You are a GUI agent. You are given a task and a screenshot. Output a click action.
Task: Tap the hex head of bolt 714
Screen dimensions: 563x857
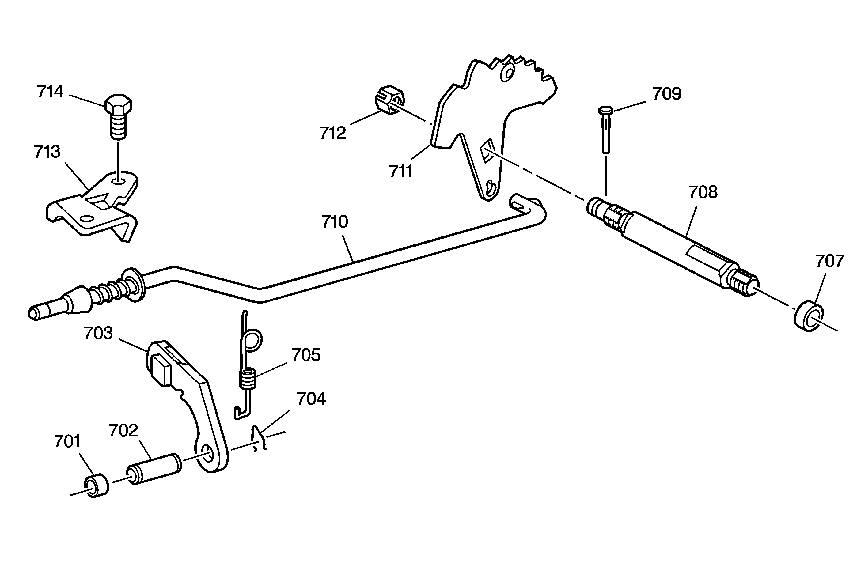[118, 104]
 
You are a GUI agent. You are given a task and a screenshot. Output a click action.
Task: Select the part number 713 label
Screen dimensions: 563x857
[47, 152]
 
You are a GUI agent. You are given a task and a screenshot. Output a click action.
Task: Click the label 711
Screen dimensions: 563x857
[400, 171]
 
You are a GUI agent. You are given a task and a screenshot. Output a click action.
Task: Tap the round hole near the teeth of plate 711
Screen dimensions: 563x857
[508, 74]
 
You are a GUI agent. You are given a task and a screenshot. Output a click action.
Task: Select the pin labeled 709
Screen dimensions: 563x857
[606, 130]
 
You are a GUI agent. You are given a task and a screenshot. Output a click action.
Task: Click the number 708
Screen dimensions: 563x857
[703, 192]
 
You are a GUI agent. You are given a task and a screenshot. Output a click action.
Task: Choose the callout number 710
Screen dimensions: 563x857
[335, 222]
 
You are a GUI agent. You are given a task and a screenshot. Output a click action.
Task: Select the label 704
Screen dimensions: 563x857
[311, 399]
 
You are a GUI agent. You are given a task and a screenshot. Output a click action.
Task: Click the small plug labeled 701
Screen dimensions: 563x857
[96, 486]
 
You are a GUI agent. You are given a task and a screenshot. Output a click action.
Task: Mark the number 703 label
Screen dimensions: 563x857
[98, 333]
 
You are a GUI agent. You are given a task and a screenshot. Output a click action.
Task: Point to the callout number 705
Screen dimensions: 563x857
[306, 355]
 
